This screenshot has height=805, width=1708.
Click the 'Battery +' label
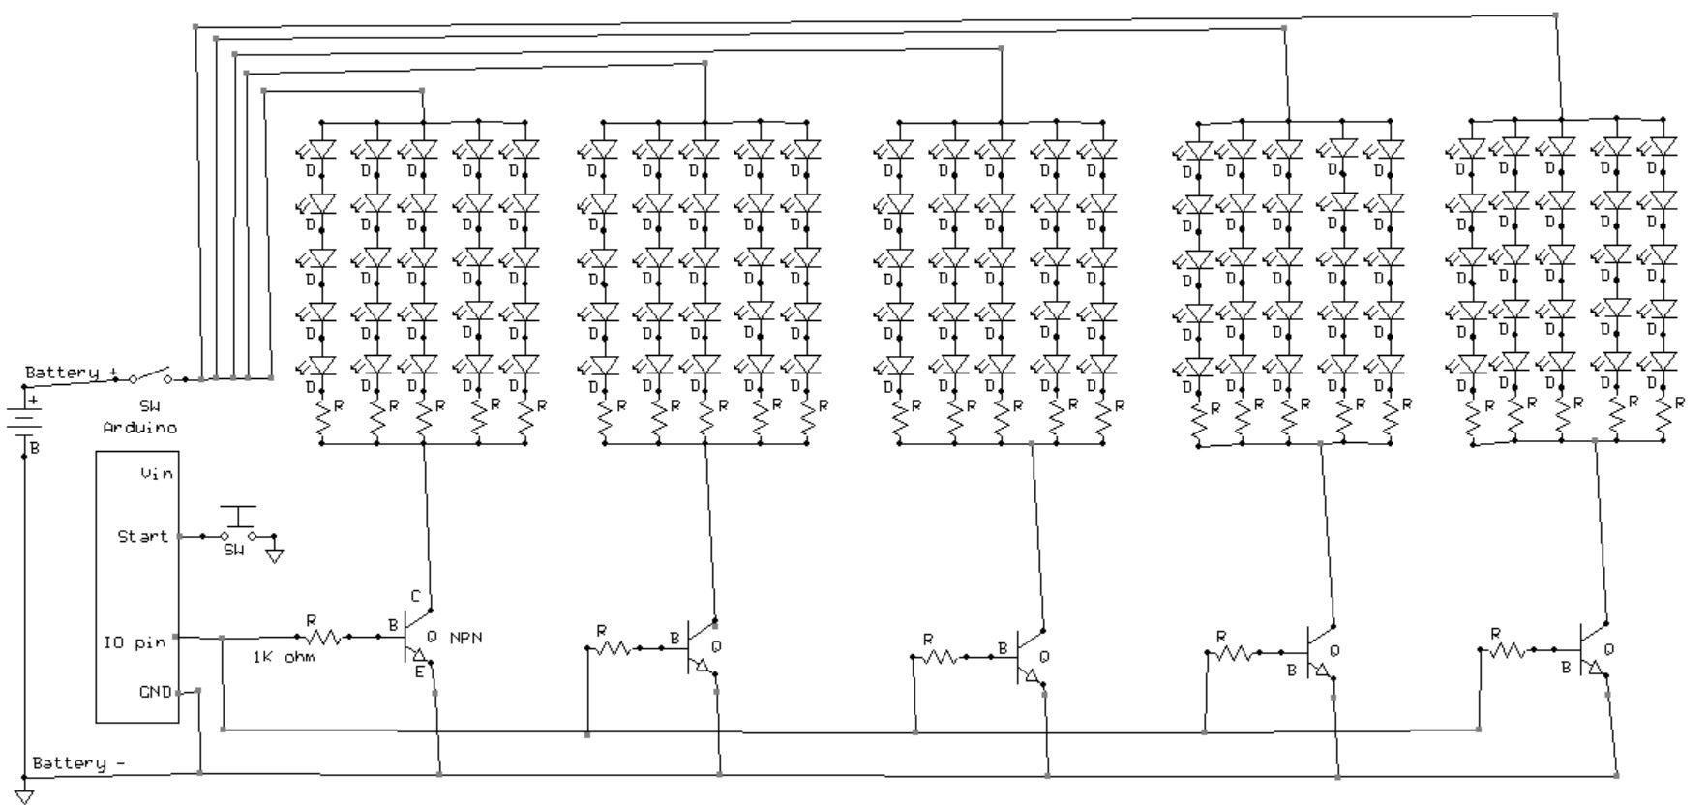pos(73,373)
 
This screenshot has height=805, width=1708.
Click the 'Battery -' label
pos(78,763)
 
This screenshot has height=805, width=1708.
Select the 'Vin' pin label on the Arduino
pos(156,473)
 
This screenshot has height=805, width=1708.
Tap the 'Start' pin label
pos(142,536)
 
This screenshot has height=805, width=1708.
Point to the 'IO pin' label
pos(135,642)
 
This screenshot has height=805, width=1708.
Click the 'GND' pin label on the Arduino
pos(155,693)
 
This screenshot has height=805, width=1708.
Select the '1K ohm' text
pos(284,657)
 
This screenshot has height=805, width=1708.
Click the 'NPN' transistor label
pos(465,638)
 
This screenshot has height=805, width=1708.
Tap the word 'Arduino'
pos(139,427)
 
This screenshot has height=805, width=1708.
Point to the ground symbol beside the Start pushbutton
pos(274,555)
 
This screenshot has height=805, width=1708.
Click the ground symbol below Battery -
pos(24,796)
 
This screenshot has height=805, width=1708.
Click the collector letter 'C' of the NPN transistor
pos(414,596)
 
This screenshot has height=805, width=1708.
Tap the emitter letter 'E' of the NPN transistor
pos(419,671)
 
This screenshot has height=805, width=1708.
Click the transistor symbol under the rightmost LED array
pos(1592,650)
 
